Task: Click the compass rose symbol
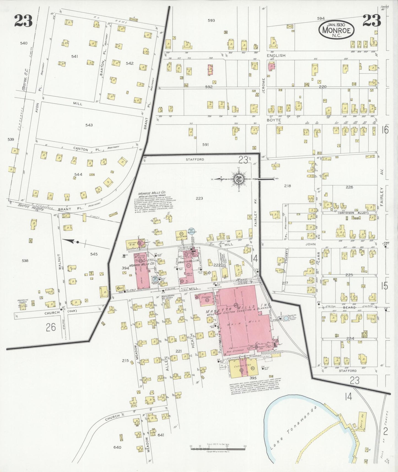(x=238, y=179)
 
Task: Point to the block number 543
(x=89, y=125)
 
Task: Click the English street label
(x=276, y=55)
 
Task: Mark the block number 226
(x=349, y=187)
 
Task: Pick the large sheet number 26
(x=51, y=327)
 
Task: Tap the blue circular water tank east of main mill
(x=286, y=318)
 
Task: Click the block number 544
(x=78, y=174)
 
